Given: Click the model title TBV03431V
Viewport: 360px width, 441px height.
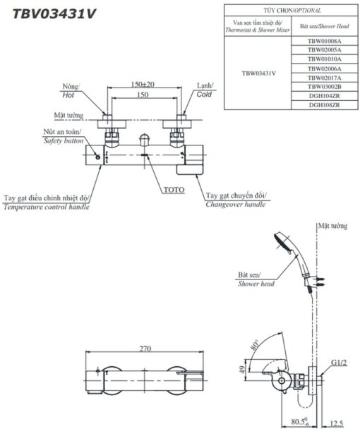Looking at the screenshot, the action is coord(54,14).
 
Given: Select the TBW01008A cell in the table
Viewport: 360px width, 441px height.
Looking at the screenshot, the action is coord(324,41).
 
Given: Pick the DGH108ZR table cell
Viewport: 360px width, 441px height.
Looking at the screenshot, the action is coord(324,105).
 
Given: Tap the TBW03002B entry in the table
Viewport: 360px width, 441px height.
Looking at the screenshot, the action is coord(324,87).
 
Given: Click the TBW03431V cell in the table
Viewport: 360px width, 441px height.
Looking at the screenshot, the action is coord(258,73).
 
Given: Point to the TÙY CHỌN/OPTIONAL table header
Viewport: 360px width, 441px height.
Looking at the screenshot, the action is coord(292,11).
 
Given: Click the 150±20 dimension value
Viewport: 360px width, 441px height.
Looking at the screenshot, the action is coord(143,84).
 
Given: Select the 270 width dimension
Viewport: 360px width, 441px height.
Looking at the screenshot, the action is coord(145,349).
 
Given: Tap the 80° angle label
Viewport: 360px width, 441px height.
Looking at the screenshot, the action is coord(255,345).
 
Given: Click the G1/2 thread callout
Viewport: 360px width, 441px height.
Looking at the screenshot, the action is coord(339,363).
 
